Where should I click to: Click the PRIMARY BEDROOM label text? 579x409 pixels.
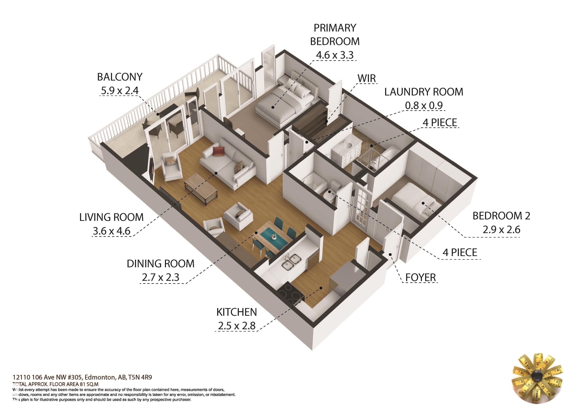335,34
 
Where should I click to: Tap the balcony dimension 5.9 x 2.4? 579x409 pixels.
120,90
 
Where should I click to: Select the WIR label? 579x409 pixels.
367,78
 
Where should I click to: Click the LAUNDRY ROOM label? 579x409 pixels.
424,92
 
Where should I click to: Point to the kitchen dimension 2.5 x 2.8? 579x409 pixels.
237,326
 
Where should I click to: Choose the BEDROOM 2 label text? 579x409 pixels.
501,216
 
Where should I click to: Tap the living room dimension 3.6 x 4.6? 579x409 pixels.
111,231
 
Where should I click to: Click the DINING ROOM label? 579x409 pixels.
161,264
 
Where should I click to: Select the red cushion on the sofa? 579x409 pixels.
218,151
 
